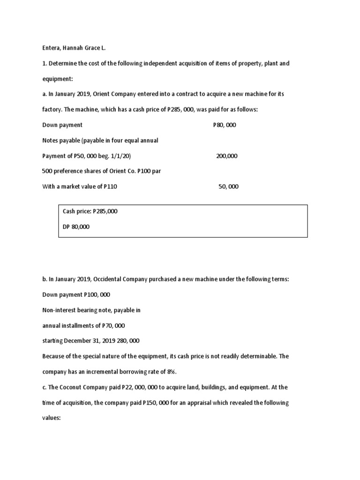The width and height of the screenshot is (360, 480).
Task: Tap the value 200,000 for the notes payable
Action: point(227,156)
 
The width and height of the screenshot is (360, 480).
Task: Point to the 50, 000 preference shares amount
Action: point(228,187)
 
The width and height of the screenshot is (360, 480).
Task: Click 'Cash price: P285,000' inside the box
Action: point(90,211)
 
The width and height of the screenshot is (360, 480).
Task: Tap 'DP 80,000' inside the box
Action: point(76,227)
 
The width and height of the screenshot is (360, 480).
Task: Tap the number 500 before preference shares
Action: point(47,171)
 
